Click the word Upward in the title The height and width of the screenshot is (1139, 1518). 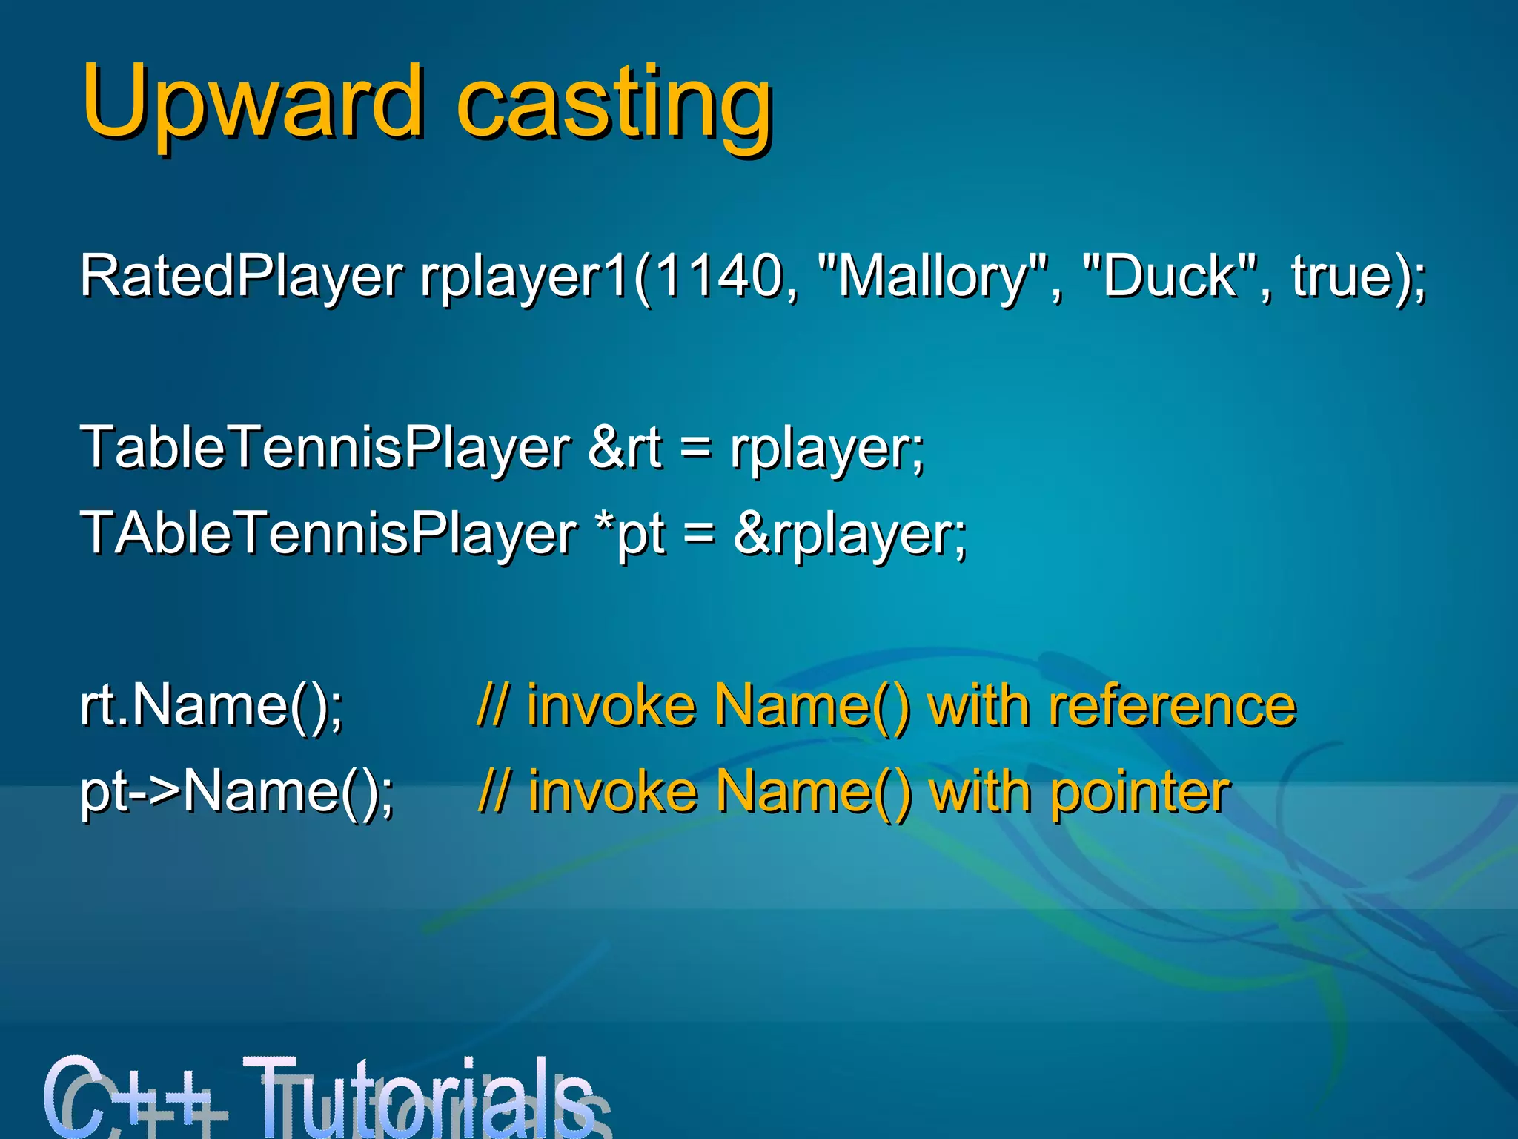252,102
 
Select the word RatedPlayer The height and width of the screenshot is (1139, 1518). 241,277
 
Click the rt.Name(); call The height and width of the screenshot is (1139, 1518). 211,705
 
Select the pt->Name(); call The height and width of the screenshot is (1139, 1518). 237,792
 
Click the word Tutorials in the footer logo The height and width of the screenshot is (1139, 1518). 419,1096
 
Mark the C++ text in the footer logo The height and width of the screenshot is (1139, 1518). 133,1096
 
